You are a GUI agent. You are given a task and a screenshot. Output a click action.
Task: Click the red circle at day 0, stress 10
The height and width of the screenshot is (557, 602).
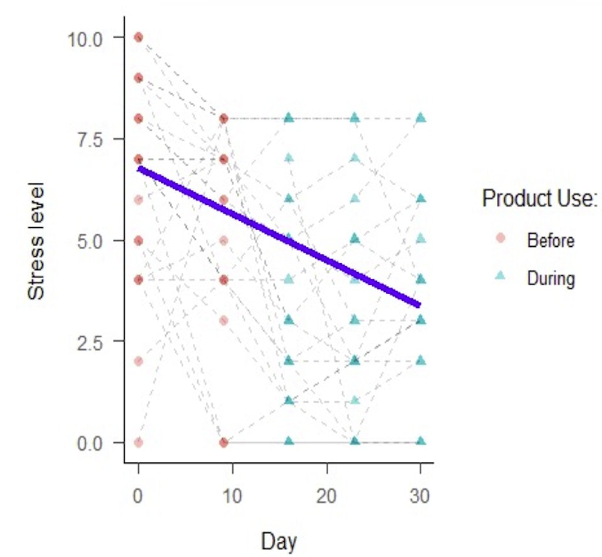tap(138, 38)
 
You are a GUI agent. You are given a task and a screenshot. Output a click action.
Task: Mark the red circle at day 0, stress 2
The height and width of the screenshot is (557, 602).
tap(138, 361)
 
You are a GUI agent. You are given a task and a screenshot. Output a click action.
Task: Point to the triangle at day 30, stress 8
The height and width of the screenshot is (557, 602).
tap(421, 118)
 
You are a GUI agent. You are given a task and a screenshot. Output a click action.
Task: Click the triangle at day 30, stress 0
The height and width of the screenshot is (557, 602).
tap(421, 441)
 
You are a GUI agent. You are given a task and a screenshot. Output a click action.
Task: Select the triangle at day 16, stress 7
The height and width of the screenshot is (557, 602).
tap(289, 157)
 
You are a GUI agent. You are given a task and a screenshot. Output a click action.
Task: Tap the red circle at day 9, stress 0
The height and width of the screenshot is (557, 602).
tap(223, 442)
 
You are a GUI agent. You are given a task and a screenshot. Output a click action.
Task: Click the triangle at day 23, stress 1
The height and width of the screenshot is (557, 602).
tap(355, 401)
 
